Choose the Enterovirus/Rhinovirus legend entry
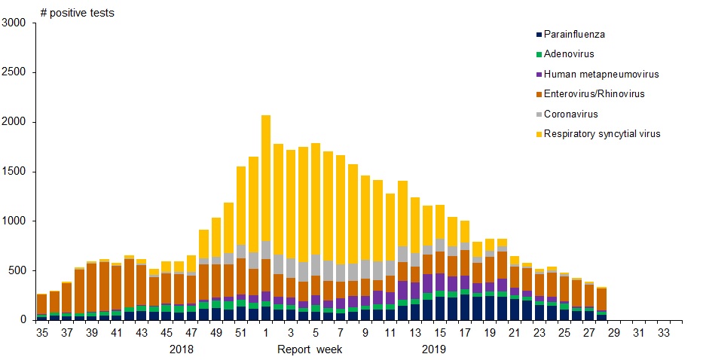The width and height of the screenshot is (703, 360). point(594,93)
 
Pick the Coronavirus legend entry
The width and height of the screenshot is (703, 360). point(570,114)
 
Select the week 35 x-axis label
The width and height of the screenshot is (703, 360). point(41,332)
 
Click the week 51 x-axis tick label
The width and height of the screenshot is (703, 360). point(240,332)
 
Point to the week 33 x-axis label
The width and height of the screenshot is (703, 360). point(664,332)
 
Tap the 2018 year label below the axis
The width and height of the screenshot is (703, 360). point(182,349)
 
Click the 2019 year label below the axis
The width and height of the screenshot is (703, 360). point(433,349)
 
